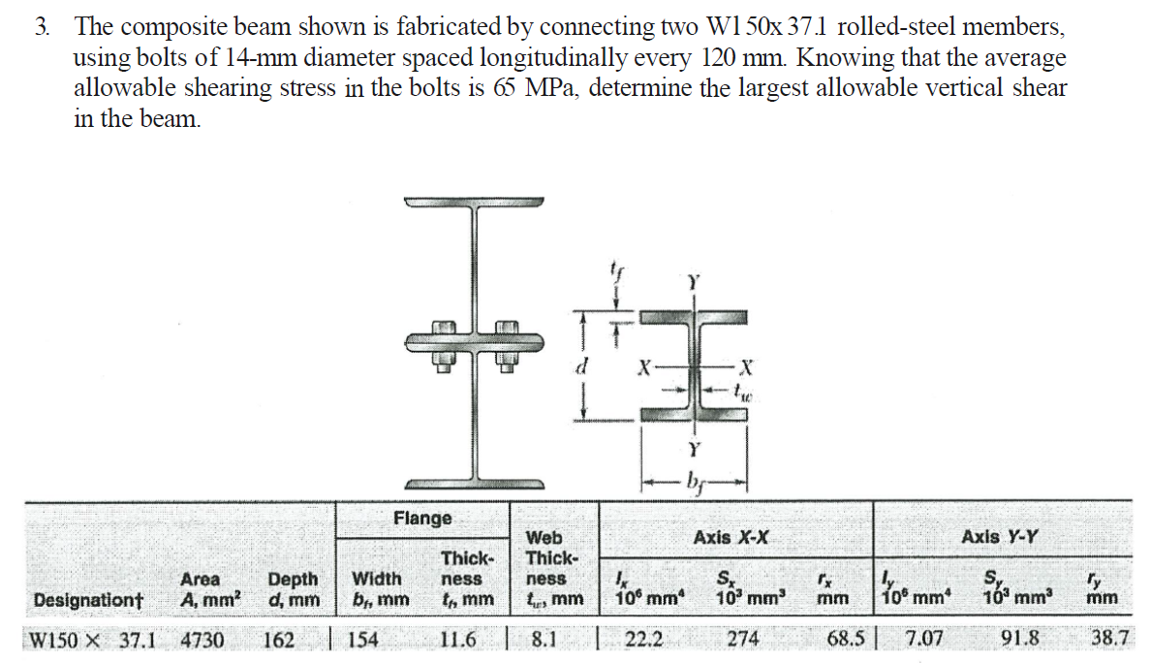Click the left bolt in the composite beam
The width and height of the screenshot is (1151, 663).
444,343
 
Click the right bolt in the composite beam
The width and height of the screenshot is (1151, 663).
506,343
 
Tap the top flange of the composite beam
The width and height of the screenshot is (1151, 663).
475,204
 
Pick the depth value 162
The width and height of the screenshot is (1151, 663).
278,639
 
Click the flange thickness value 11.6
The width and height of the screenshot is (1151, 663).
458,639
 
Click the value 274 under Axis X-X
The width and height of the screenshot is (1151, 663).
743,639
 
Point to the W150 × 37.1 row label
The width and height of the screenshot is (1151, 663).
93,639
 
